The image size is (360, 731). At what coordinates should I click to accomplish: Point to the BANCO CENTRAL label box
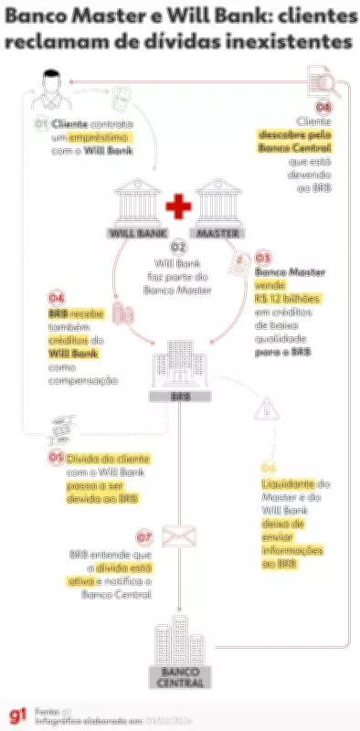(179, 676)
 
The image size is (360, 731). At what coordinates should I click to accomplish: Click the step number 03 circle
(262, 259)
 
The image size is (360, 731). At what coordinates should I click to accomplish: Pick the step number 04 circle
(57, 298)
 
